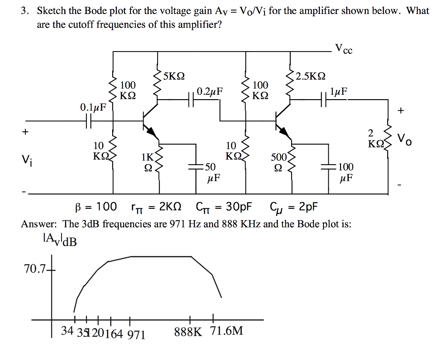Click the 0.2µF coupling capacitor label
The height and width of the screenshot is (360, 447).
(210, 92)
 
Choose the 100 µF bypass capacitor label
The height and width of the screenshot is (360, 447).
(346, 172)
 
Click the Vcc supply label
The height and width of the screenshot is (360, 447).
(344, 49)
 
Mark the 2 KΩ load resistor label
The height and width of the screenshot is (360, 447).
(375, 138)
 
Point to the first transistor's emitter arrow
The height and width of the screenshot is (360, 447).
(151, 131)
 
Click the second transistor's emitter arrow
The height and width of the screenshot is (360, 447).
(283, 131)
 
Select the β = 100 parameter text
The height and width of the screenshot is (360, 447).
(94, 206)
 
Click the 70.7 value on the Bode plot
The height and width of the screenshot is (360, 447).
(34, 269)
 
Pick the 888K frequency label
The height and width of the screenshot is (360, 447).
(188, 332)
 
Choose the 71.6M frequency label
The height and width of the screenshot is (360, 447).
(227, 331)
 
